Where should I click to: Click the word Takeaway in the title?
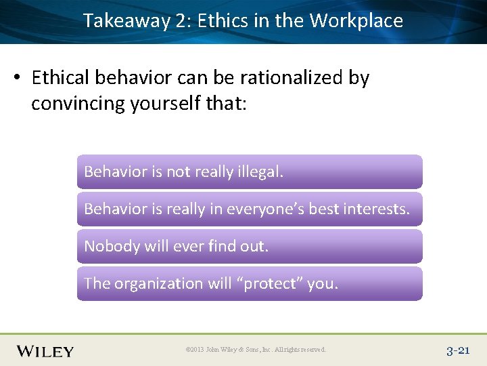pyautogui.click(x=126, y=21)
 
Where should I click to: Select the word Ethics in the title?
pyautogui.click(x=223, y=21)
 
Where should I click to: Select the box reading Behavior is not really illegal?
pyautogui.click(x=249, y=171)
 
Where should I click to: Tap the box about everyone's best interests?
pyautogui.click(x=249, y=209)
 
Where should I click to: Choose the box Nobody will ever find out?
pyautogui.click(x=249, y=246)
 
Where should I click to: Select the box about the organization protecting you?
pyautogui.click(x=249, y=283)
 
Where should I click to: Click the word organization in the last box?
pyautogui.click(x=158, y=283)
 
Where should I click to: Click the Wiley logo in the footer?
pyautogui.click(x=45, y=350)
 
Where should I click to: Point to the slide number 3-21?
pyautogui.click(x=458, y=350)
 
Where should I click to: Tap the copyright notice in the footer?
pyautogui.click(x=256, y=350)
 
